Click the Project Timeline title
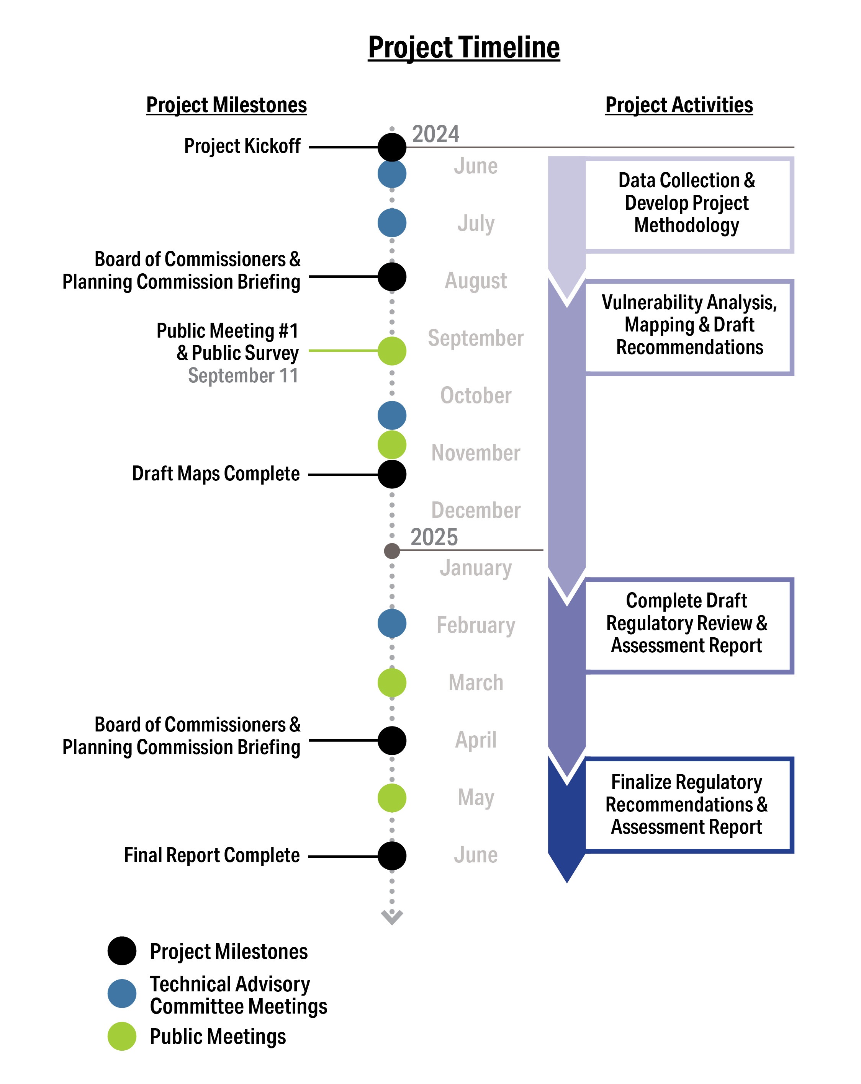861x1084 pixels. (463, 48)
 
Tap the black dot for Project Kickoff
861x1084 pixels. (391, 147)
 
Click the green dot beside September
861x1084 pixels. (391, 351)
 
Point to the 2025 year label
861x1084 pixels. (434, 537)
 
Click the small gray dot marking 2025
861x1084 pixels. (391, 550)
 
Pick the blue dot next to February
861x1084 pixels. (391, 623)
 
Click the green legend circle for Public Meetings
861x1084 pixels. (122, 1036)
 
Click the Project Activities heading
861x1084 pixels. (678, 105)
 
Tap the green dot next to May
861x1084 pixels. (391, 798)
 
